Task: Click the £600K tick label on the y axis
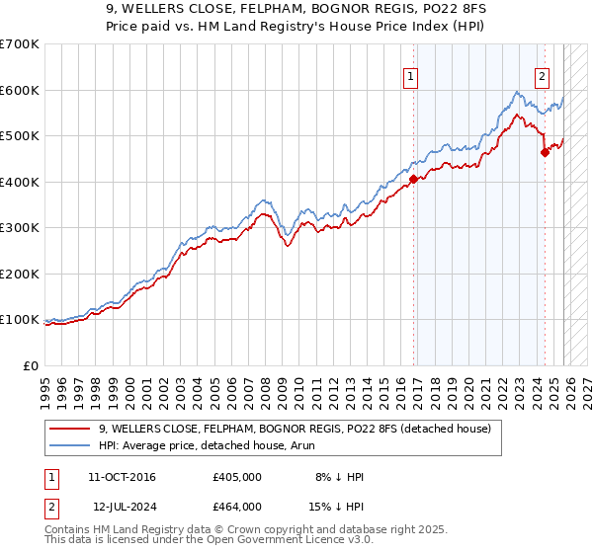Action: click(19, 90)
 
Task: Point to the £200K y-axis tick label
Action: click(19, 274)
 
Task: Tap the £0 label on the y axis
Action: click(30, 365)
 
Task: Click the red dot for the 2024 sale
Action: click(545, 152)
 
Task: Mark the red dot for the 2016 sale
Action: click(413, 179)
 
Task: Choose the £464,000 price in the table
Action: click(236, 506)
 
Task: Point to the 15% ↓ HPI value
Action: click(337, 506)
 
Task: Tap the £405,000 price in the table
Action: click(236, 477)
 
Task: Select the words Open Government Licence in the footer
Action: click(268, 542)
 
